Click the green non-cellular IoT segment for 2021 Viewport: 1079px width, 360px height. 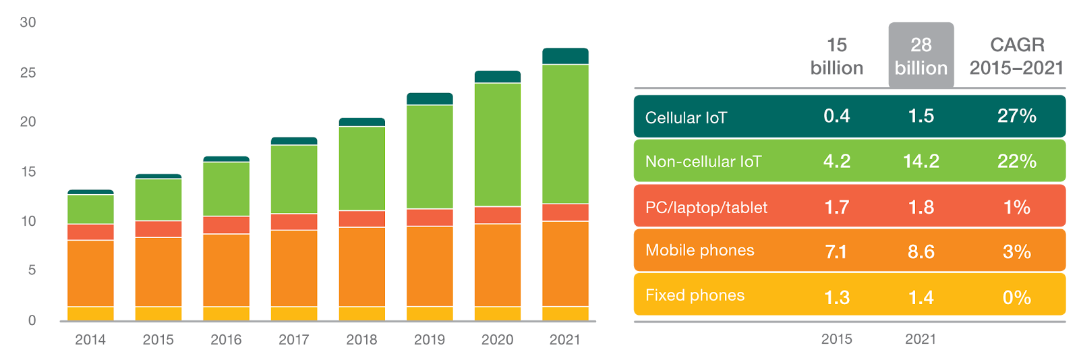pos(565,133)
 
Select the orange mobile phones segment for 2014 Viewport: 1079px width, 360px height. pos(90,273)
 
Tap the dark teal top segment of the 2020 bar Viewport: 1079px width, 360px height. pos(498,76)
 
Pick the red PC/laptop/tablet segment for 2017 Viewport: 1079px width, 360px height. pos(294,222)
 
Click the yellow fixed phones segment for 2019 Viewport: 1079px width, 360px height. pos(430,313)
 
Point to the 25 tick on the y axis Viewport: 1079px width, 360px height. pos(28,72)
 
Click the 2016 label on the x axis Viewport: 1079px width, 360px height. pos(226,339)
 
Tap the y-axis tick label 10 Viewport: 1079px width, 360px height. pos(28,221)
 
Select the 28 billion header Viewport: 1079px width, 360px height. pos(921,56)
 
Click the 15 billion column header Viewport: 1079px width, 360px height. pos(836,56)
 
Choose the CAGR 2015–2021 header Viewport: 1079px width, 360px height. pos(1016,56)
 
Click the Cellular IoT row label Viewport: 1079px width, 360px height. pos(686,118)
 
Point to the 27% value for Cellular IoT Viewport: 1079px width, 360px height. pos(1016,116)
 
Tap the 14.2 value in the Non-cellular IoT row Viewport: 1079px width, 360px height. pos(921,161)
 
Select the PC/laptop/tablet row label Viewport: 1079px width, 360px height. pos(706,208)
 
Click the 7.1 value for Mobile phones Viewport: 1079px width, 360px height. pos(836,252)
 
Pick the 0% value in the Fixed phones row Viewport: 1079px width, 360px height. pos(1016,297)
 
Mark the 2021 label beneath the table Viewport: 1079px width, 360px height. pos(921,339)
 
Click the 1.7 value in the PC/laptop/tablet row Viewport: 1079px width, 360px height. pos(836,207)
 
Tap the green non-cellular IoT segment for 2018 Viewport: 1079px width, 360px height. pos(362,169)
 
